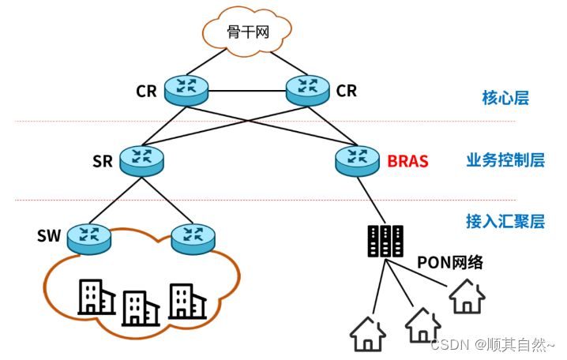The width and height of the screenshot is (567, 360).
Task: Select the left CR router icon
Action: [x=186, y=89]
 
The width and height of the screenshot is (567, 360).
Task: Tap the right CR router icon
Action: [x=306, y=89]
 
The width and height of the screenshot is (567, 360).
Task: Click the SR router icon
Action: [x=142, y=160]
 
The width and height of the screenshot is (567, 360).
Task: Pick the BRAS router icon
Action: [x=357, y=160]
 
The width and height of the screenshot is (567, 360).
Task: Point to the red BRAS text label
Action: [x=407, y=162]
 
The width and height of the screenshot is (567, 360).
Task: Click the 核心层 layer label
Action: [x=505, y=98]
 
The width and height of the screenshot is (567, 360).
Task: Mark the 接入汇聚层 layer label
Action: [x=505, y=221]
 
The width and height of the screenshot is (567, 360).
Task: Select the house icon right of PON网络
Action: [x=467, y=296]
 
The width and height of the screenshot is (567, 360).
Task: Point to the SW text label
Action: [x=49, y=235]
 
